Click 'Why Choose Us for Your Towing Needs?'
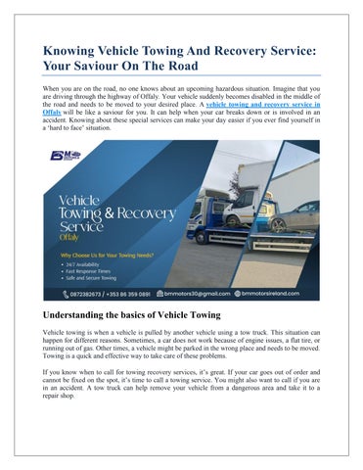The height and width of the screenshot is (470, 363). click(x=107, y=254)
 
